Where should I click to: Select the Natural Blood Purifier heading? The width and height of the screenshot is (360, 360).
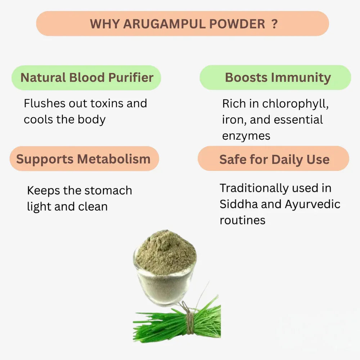(87, 77)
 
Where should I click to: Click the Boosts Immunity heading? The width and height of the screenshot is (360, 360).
(278, 77)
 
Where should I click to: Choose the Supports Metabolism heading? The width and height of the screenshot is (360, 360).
(83, 159)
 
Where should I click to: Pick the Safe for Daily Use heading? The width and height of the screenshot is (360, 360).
(274, 159)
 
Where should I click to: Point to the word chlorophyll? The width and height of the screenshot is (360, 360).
(295, 104)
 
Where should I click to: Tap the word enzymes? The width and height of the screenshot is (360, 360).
(246, 136)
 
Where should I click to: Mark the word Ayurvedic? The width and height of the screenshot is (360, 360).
(312, 204)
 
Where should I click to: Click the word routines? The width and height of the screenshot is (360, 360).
(242, 220)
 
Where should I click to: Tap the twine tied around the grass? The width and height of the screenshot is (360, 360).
(189, 317)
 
